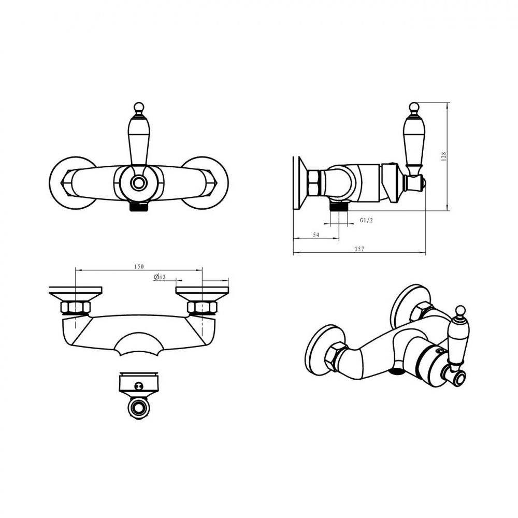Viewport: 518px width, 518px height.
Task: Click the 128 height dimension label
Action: (x=444, y=156)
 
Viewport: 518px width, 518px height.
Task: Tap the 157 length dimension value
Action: (x=359, y=249)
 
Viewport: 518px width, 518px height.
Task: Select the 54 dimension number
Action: (x=316, y=235)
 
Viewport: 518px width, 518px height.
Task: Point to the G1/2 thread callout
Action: (x=366, y=220)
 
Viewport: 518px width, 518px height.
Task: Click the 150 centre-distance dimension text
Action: (x=139, y=267)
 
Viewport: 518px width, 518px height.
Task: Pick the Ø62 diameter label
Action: (x=160, y=277)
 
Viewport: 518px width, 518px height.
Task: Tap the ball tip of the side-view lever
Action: (x=413, y=107)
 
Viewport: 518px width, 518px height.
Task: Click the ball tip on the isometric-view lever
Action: (x=460, y=310)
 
